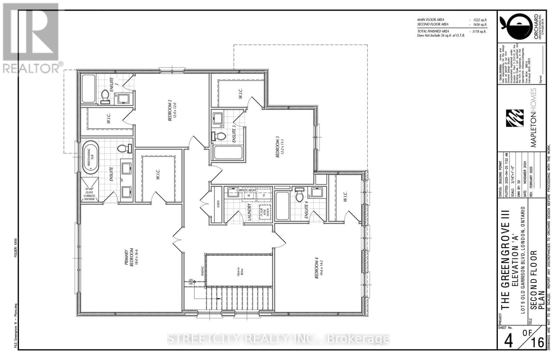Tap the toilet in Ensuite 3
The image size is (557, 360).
[219, 136]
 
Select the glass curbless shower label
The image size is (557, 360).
[89, 194]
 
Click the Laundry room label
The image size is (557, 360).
[249, 212]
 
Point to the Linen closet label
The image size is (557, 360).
[218, 205]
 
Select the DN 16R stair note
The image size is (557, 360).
[191, 282]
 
